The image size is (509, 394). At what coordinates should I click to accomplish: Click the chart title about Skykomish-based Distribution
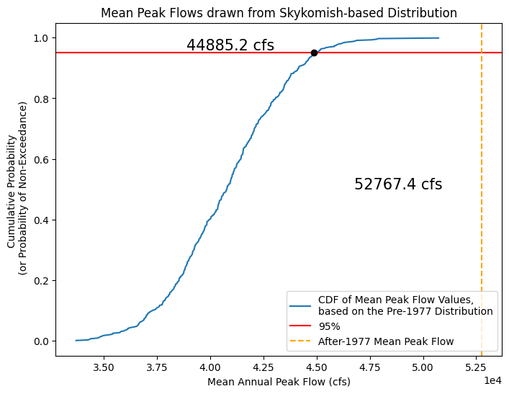click(279, 13)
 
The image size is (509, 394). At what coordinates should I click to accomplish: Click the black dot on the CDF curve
click(314, 53)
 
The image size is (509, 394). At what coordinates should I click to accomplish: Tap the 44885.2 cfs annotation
click(230, 45)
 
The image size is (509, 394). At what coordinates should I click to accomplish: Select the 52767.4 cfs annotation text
click(398, 184)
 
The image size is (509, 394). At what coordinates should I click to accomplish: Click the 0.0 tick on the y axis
click(42, 341)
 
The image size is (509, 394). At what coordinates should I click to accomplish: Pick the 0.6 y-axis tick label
click(42, 159)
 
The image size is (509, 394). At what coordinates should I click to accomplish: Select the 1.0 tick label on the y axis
click(42, 38)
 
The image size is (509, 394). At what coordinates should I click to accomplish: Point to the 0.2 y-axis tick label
click(42, 280)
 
